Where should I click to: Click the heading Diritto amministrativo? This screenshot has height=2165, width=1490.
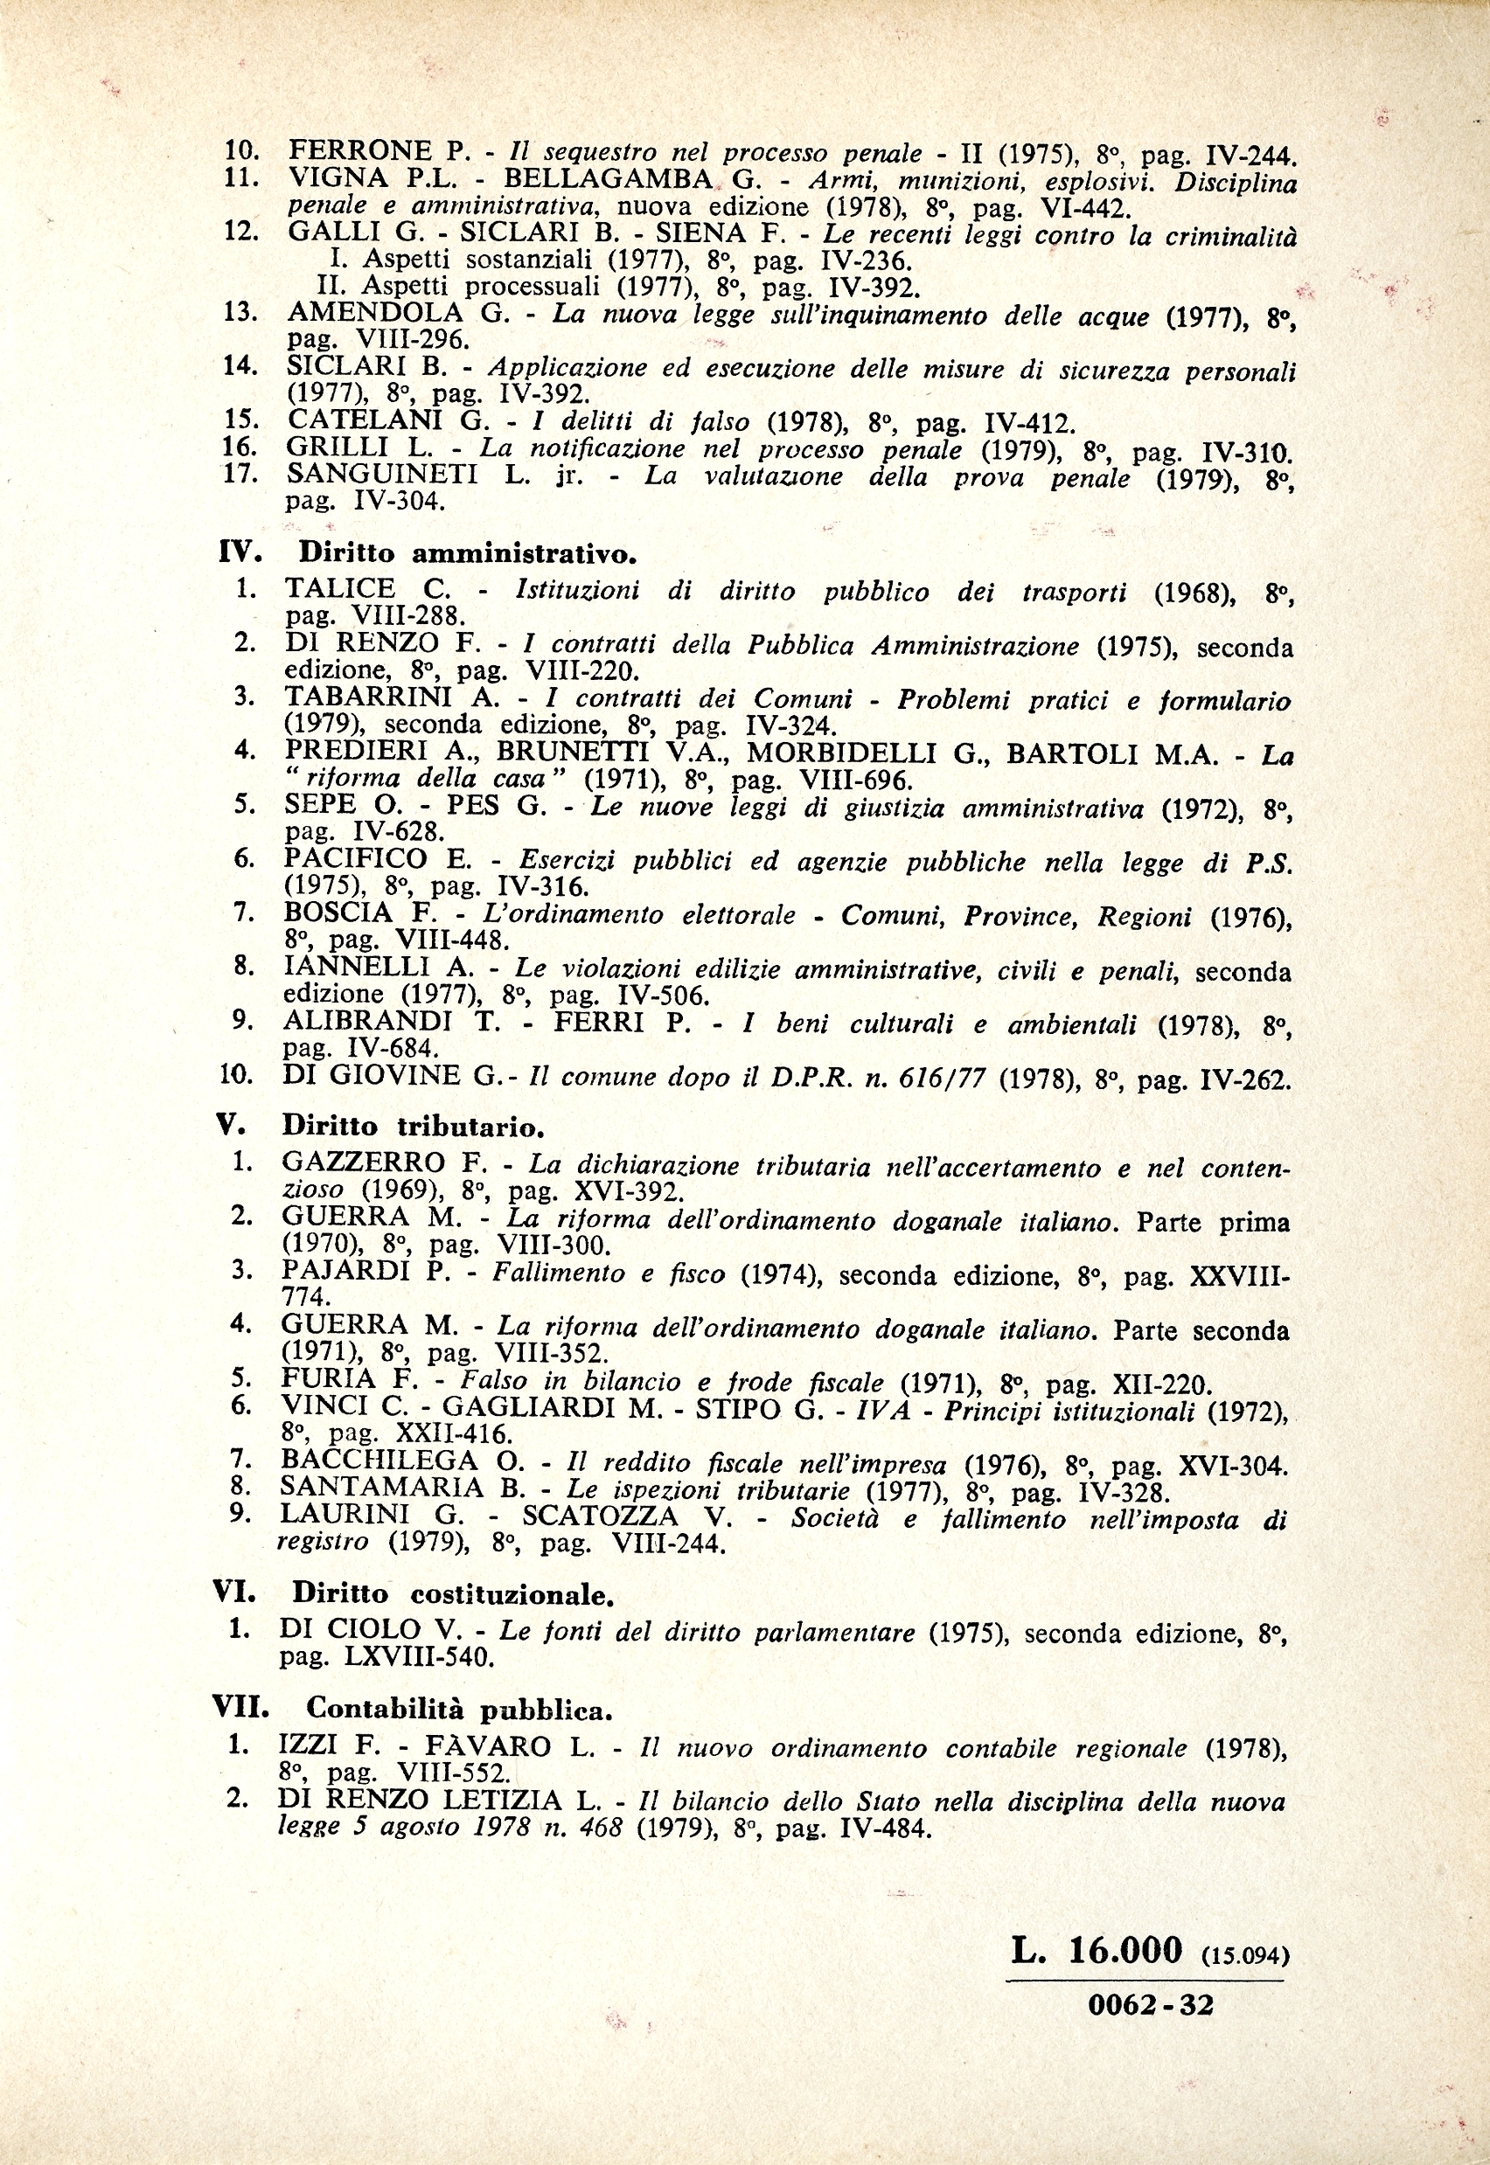pyautogui.click(x=467, y=553)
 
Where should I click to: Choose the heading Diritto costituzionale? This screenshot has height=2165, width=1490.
pyautogui.click(x=453, y=1595)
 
